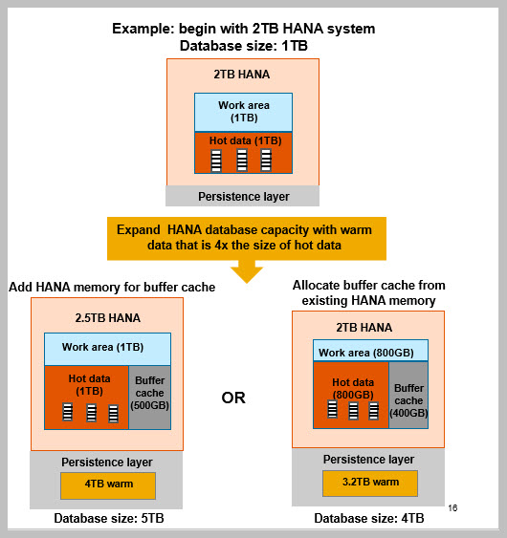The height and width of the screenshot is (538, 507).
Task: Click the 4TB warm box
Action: coord(108,485)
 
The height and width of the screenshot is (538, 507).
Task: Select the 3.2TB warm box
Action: coord(370,484)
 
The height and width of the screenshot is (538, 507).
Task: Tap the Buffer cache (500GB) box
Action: coord(150,398)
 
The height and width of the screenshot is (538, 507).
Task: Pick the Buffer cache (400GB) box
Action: coord(408,395)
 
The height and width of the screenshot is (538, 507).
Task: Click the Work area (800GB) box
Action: coord(370,351)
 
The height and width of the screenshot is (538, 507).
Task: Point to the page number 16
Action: coord(452,507)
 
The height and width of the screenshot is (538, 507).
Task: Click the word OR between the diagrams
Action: coord(233,398)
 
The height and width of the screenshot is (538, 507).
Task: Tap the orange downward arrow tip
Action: coord(247,283)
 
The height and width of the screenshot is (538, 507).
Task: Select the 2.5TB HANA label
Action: coord(108,318)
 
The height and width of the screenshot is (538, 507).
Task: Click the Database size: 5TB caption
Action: coord(109,518)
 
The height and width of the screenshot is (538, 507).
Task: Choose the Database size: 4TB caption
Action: coord(369,518)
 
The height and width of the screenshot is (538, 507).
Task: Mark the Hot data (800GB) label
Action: coord(353,388)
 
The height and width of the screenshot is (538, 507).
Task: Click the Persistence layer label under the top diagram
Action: coord(244,197)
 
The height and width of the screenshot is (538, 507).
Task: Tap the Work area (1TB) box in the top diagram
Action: coord(244,112)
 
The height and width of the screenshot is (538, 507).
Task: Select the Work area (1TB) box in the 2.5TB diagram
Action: coord(107,349)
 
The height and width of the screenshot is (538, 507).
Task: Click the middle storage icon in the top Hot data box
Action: coord(242,161)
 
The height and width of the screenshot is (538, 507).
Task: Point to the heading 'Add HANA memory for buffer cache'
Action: coord(112,288)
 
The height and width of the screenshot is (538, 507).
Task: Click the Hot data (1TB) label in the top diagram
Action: coord(245,140)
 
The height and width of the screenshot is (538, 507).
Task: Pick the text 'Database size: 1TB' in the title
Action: coord(244,46)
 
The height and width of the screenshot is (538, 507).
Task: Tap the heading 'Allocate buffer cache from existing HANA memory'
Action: coord(369,292)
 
